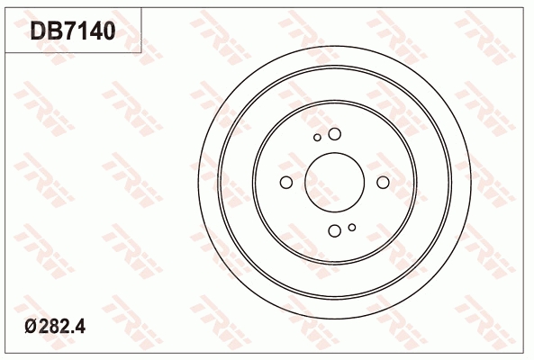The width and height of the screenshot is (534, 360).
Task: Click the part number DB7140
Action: tap(73, 31)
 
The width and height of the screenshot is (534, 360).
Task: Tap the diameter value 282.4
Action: tap(61, 327)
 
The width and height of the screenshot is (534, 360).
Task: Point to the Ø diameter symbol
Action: tap(31, 327)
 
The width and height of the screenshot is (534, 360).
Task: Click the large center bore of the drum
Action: tap(335, 182)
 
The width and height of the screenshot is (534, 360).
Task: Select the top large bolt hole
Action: tap(335, 134)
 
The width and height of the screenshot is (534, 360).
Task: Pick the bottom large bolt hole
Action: tap(335, 230)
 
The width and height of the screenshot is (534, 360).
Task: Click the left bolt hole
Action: tap(286, 182)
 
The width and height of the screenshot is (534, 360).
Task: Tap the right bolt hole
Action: tap(383, 182)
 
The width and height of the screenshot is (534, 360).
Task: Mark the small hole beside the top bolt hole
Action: tap(317, 138)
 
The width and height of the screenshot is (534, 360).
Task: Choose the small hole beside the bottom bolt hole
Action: tap(352, 227)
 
